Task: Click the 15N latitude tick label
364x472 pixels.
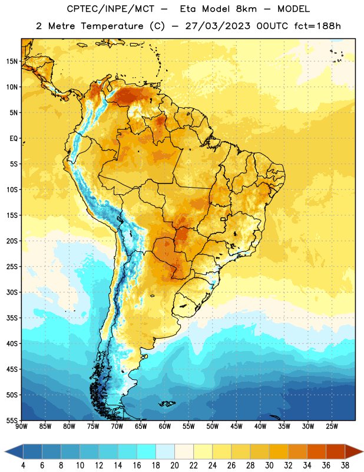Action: [x=12, y=61]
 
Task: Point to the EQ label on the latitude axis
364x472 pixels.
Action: [x=14, y=139]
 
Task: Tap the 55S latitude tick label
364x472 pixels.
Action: [x=12, y=421]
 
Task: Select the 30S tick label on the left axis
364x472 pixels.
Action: [x=12, y=292]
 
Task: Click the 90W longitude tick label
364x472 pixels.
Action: [x=21, y=427]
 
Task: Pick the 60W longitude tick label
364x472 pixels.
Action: [x=165, y=427]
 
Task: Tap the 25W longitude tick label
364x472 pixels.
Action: [x=332, y=427]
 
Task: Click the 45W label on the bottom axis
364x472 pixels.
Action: [x=236, y=427]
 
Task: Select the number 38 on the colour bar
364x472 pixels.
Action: [x=345, y=466]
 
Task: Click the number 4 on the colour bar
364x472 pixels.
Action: [x=23, y=466]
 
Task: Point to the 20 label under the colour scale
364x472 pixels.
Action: [x=174, y=466]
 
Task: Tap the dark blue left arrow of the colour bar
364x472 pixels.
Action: [x=14, y=451]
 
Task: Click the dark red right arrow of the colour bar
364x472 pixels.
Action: [x=354, y=451]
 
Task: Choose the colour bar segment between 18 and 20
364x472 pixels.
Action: [x=166, y=451]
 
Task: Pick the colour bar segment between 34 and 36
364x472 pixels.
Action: [x=316, y=451]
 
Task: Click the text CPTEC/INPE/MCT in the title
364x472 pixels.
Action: [x=111, y=9]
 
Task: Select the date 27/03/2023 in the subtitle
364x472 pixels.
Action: [x=217, y=26]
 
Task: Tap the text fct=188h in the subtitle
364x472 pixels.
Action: [x=317, y=26]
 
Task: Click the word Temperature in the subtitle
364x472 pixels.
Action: [x=112, y=26]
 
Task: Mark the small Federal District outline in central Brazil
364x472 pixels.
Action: [x=223, y=219]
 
